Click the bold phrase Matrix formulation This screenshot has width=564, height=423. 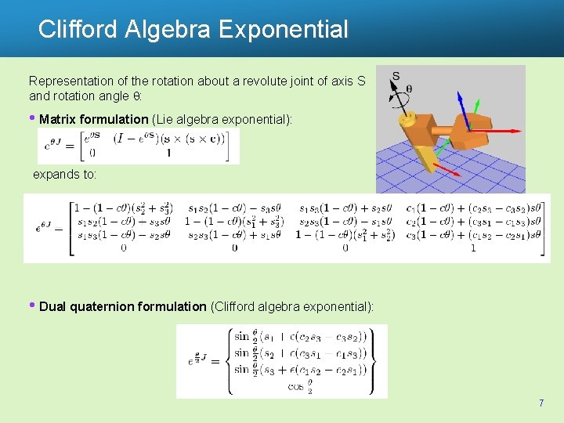[93, 119]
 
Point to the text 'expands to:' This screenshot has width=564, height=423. [64, 175]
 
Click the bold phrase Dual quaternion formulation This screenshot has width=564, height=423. [123, 306]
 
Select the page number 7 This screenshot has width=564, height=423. [540, 403]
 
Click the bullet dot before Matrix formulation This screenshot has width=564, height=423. [33, 119]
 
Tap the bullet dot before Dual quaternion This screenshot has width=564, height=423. [33, 306]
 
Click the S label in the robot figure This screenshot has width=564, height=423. [396, 76]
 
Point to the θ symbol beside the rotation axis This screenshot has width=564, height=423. [409, 89]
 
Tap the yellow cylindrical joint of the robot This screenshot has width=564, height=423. [406, 119]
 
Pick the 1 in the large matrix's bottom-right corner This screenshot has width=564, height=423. [472, 248]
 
